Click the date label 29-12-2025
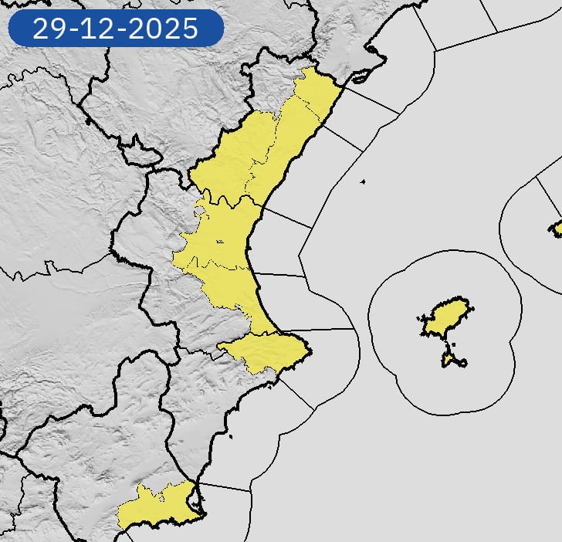coord(116,29)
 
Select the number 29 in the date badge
coord(47,29)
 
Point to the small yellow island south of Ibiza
coord(452,360)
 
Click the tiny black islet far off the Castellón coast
coord(362,182)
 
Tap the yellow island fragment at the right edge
coord(556,229)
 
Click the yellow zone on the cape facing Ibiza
coord(270,351)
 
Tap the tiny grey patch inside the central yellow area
coord(220,242)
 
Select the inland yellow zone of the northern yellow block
coord(232,158)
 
